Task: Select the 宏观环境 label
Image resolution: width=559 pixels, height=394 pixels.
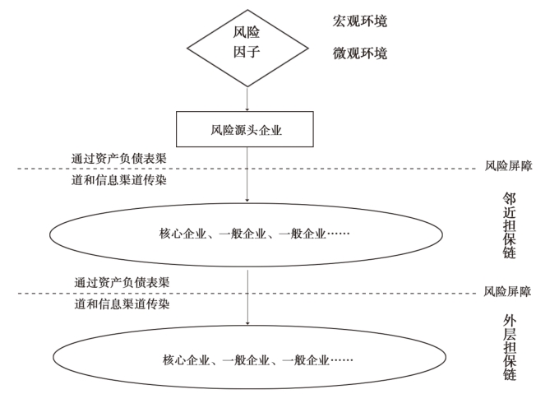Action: tap(360, 21)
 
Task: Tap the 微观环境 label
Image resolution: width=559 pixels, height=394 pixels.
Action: tap(360, 53)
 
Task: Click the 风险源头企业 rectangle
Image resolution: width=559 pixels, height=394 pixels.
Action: tap(245, 129)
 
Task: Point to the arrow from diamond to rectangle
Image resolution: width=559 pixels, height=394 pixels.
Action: tap(247, 99)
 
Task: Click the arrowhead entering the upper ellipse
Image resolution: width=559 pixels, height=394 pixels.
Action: tap(247, 200)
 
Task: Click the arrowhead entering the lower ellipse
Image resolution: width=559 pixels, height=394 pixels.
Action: tap(247, 322)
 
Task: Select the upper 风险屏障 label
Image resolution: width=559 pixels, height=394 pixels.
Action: tap(508, 166)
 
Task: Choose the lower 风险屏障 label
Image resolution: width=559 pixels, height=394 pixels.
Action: tap(508, 291)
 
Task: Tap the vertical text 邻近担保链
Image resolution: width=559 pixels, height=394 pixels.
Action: tap(509, 225)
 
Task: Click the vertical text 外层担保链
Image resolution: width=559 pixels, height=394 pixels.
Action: tap(510, 347)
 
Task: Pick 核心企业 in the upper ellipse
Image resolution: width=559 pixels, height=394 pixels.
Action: tap(182, 234)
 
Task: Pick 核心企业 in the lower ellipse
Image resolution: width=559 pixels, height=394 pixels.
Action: tap(187, 360)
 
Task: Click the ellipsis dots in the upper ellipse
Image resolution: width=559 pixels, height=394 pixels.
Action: tap(338, 234)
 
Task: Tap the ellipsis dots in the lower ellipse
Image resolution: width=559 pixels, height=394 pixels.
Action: tap(341, 360)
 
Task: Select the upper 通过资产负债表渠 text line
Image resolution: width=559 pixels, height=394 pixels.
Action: tap(119, 159)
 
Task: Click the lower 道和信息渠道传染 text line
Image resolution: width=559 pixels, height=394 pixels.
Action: tap(122, 304)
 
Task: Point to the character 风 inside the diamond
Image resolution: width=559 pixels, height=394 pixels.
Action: tap(240, 32)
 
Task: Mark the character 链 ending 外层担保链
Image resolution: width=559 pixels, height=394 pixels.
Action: tap(510, 374)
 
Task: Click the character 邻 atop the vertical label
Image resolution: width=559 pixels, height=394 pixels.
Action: tap(509, 198)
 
